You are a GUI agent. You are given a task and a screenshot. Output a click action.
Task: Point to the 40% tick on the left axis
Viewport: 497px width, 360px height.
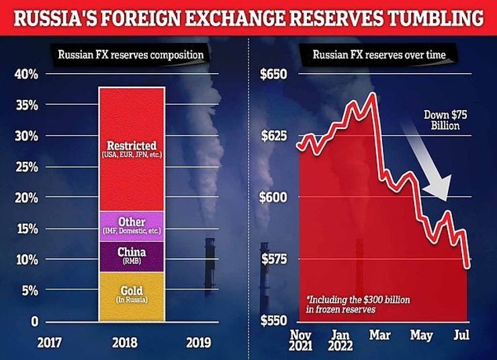(26, 74)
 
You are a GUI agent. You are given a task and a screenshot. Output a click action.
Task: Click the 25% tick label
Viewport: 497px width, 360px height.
(26, 167)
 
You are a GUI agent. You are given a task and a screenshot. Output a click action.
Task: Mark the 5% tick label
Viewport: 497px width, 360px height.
(29, 291)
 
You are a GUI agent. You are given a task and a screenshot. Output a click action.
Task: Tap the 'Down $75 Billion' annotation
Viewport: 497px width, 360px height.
(444, 120)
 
